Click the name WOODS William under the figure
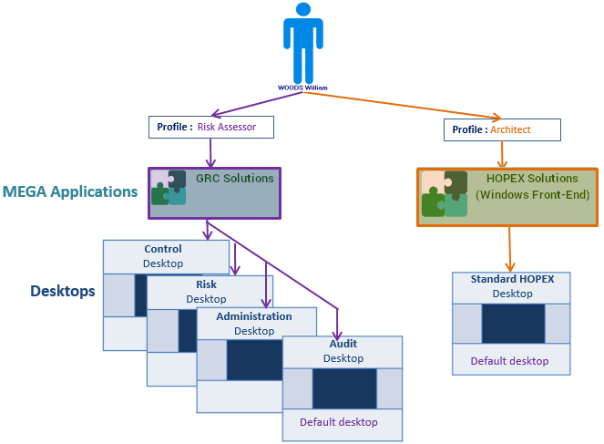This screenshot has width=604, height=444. [302, 88]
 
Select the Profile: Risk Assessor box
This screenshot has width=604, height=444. [211, 127]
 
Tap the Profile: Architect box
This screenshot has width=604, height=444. [502, 129]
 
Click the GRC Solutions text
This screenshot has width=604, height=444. [234, 179]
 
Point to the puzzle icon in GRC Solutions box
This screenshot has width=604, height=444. [169, 188]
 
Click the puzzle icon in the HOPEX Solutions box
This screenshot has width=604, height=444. [445, 194]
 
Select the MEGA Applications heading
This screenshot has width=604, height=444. [70, 192]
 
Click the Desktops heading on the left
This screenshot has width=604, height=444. [63, 292]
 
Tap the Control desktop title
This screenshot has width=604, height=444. [163, 249]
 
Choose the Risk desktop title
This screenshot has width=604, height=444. [206, 284]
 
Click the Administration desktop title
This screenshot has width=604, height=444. [254, 316]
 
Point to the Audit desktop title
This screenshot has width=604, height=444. [343, 345]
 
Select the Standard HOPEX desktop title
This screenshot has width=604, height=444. [512, 279]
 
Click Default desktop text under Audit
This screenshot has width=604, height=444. [339, 422]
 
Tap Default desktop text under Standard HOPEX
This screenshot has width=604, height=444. [509, 361]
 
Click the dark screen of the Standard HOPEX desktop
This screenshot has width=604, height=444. [512, 324]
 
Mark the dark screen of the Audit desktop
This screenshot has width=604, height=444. [343, 388]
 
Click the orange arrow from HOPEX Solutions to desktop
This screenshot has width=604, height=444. [510, 248]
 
